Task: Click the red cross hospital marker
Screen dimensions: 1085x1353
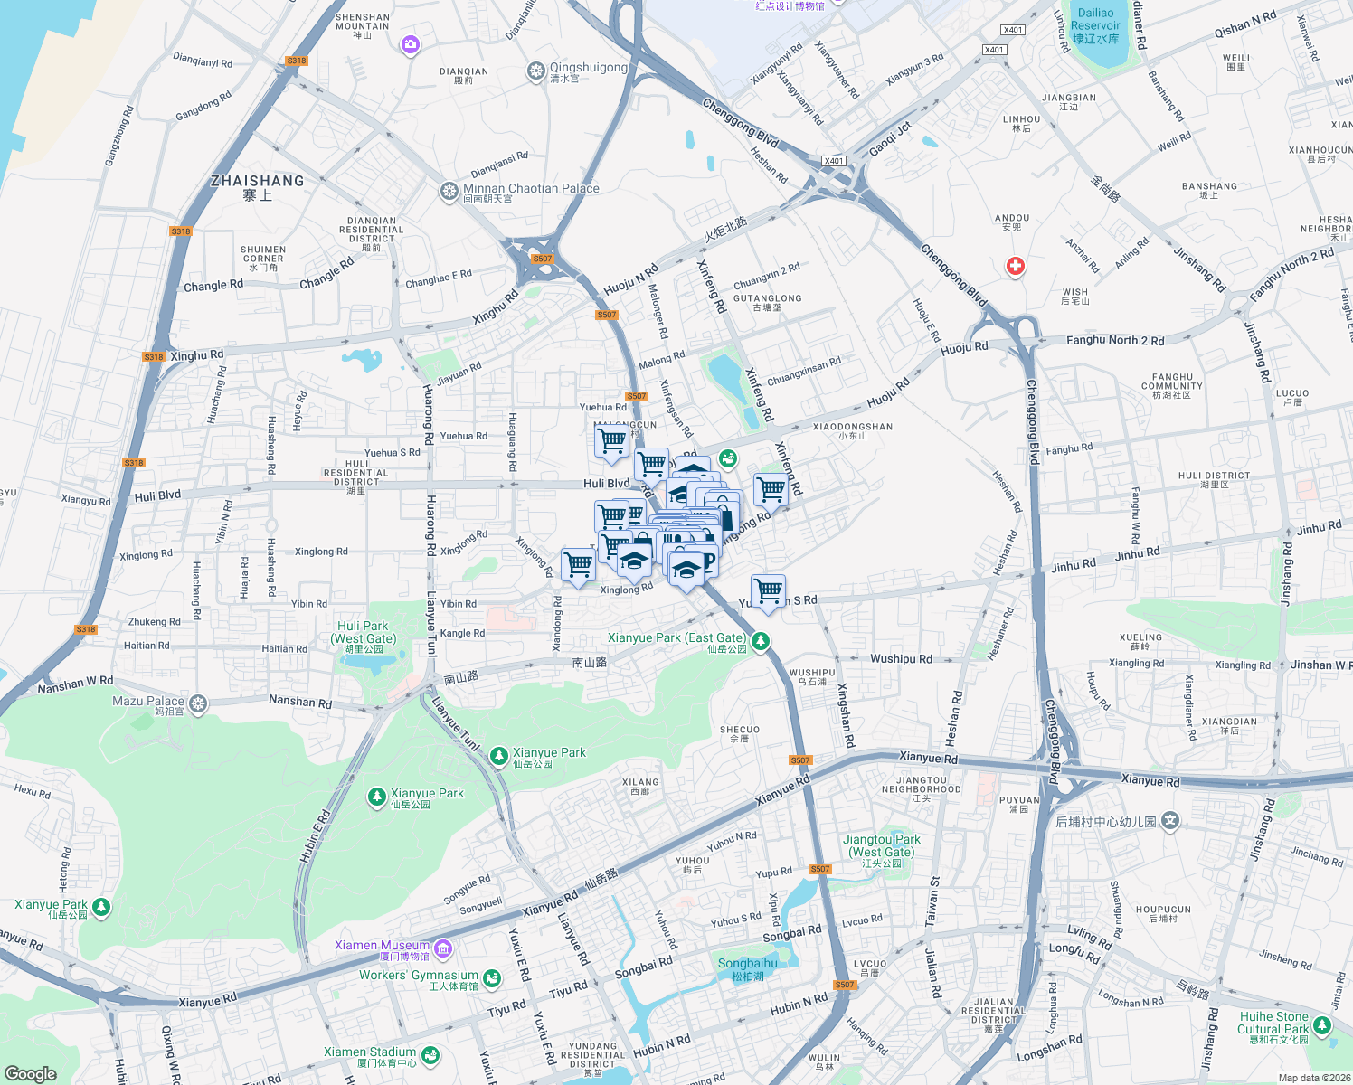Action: (1016, 266)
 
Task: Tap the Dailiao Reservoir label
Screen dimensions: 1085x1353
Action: (1095, 25)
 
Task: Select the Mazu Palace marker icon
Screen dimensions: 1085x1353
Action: (198, 703)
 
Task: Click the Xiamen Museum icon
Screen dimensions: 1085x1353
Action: (443, 948)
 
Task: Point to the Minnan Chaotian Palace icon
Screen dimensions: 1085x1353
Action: (449, 191)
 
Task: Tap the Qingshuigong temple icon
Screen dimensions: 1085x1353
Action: (535, 71)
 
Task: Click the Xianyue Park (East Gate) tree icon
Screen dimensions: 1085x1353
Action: (762, 641)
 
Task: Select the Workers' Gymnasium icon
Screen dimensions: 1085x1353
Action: (491, 977)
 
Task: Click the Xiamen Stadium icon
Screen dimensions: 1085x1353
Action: (430, 1054)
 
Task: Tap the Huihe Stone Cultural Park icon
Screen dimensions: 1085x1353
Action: (1322, 1025)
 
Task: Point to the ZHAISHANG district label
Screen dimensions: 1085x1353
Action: (257, 181)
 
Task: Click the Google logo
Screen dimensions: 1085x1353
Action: (31, 1073)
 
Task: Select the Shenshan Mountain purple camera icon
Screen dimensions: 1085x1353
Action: (412, 44)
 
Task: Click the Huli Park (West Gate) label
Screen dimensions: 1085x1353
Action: (363, 632)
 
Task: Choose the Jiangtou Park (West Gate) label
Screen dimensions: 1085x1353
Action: (883, 845)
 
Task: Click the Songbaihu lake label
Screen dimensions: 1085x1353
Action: (747, 964)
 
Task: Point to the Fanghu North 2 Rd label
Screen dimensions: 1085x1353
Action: (1115, 340)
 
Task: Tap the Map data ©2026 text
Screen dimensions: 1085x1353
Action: (1310, 1078)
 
